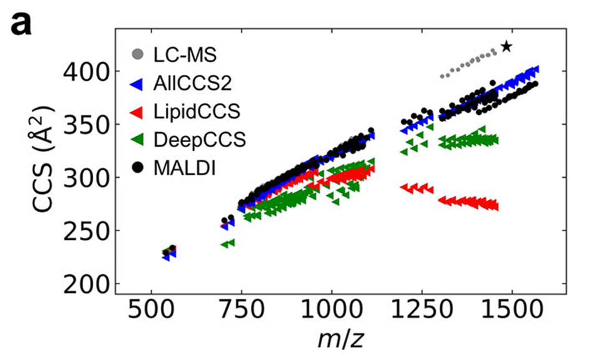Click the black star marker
pyautogui.click(x=506, y=46)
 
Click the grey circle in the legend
pyautogui.click(x=137, y=55)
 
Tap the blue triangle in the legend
pyautogui.click(x=137, y=84)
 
